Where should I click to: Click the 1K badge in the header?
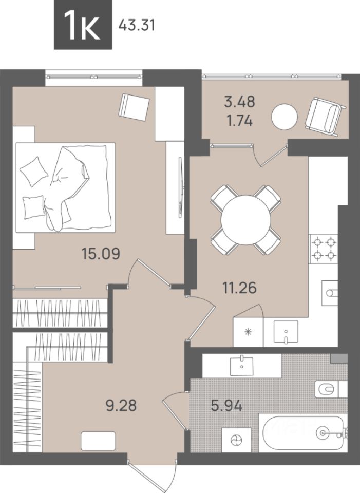(x=83, y=25)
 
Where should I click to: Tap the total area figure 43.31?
(x=137, y=25)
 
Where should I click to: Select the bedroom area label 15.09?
(x=101, y=253)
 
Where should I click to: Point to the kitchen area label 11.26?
(x=240, y=288)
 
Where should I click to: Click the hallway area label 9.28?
(x=121, y=406)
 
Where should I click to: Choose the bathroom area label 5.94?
(x=226, y=406)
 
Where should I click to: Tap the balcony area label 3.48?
(x=240, y=102)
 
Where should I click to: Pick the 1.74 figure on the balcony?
(x=240, y=121)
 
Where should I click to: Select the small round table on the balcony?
(x=285, y=117)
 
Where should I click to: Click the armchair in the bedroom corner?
(x=134, y=107)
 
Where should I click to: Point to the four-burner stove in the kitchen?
(x=324, y=249)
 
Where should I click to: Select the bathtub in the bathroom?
(x=302, y=432)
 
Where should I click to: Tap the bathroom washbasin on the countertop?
(x=241, y=366)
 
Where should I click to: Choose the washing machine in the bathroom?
(x=236, y=440)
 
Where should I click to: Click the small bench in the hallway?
(x=99, y=441)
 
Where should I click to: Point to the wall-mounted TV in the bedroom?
(x=180, y=187)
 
